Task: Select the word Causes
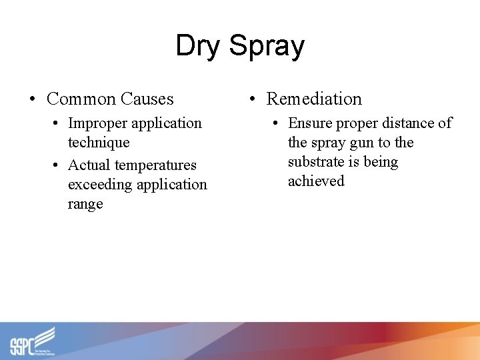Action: (147, 99)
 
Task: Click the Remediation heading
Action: (314, 99)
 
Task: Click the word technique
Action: (99, 143)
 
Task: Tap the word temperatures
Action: (157, 165)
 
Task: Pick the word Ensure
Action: (309, 123)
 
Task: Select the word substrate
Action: (317, 162)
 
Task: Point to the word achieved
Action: (316, 181)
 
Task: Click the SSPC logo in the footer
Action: (32, 341)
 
